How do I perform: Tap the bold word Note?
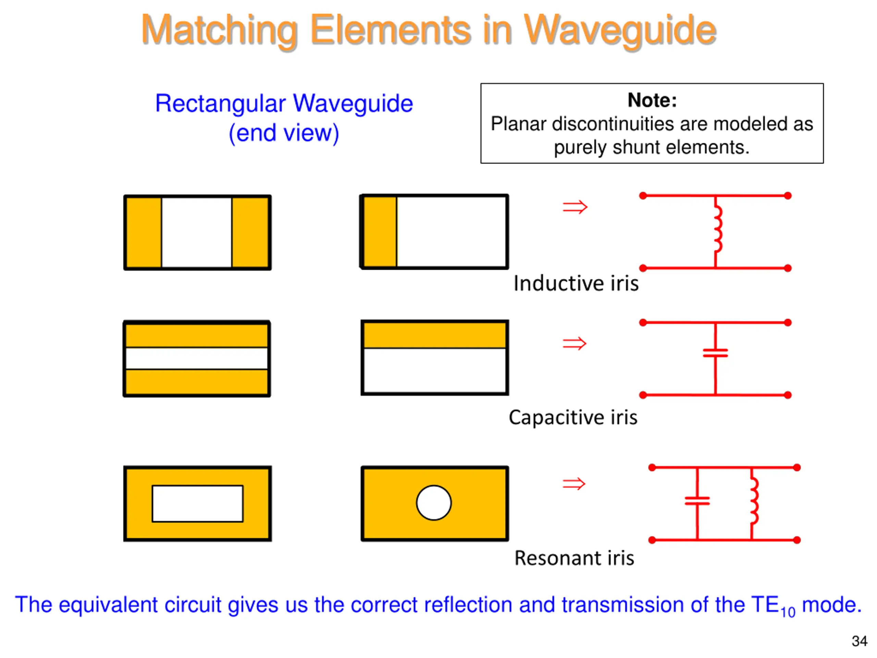click(x=652, y=100)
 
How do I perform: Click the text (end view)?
click(x=284, y=133)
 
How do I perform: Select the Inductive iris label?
click(x=576, y=283)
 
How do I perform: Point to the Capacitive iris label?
click(x=573, y=417)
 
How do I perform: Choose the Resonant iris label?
click(x=574, y=558)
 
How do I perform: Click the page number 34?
click(x=860, y=641)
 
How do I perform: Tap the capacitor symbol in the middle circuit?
click(x=715, y=353)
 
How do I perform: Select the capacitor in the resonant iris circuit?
click(x=697, y=501)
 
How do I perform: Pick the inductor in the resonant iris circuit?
click(x=754, y=501)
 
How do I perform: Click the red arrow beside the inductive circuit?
click(x=575, y=207)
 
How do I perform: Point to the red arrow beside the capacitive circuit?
click(x=575, y=343)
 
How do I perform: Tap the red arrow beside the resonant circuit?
click(x=574, y=484)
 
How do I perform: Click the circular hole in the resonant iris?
click(x=434, y=502)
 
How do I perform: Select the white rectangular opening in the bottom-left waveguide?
click(x=197, y=503)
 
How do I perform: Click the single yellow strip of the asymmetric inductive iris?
click(x=380, y=232)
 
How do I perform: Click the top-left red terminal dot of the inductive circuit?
click(x=643, y=196)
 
